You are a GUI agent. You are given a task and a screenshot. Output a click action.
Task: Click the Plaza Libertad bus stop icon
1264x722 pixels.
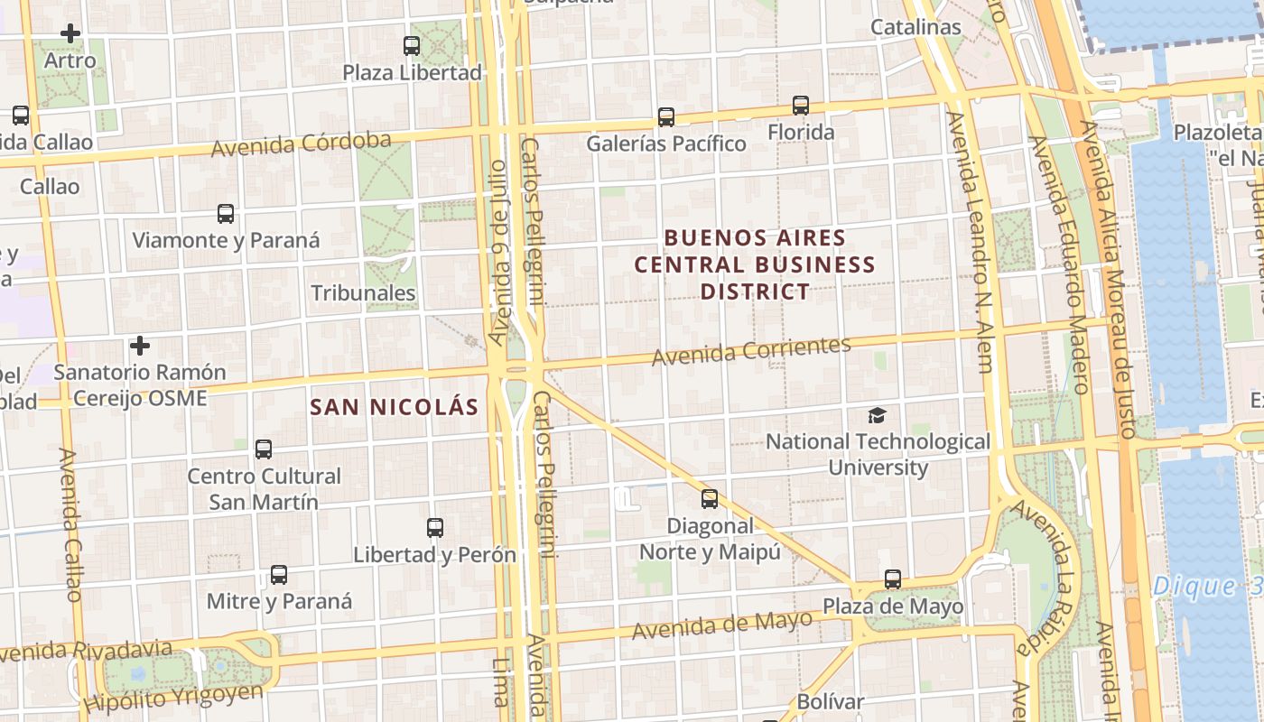click(x=412, y=45)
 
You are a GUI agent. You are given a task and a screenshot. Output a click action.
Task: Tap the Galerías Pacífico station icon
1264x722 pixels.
click(x=666, y=116)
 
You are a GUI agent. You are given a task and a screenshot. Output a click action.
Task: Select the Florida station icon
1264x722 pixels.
click(x=801, y=106)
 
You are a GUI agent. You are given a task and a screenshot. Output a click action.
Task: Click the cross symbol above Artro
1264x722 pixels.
click(x=70, y=34)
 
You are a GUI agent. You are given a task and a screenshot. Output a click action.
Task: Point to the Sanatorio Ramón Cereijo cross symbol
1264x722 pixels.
click(x=140, y=346)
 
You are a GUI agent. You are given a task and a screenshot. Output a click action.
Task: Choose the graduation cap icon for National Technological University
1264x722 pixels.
click(x=878, y=415)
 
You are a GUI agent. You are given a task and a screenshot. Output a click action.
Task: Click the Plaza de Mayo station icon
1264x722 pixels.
click(x=893, y=579)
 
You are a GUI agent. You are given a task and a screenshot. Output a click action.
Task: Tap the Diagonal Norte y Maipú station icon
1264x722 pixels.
click(x=710, y=499)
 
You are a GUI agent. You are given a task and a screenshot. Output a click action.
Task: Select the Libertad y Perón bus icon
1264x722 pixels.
click(x=435, y=528)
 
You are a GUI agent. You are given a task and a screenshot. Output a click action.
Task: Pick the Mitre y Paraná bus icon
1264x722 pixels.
click(x=279, y=575)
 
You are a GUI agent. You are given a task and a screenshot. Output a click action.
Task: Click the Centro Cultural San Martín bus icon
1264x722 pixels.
click(x=264, y=449)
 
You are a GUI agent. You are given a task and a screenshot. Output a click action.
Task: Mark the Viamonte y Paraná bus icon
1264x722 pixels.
click(x=226, y=214)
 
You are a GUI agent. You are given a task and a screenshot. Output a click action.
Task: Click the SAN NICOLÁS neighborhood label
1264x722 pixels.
click(x=395, y=407)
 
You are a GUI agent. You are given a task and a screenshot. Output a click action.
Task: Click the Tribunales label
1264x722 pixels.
click(x=363, y=293)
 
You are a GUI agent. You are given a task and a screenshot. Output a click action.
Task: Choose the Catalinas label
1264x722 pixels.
click(x=915, y=27)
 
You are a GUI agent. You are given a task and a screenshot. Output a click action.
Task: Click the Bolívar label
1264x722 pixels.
click(x=831, y=701)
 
